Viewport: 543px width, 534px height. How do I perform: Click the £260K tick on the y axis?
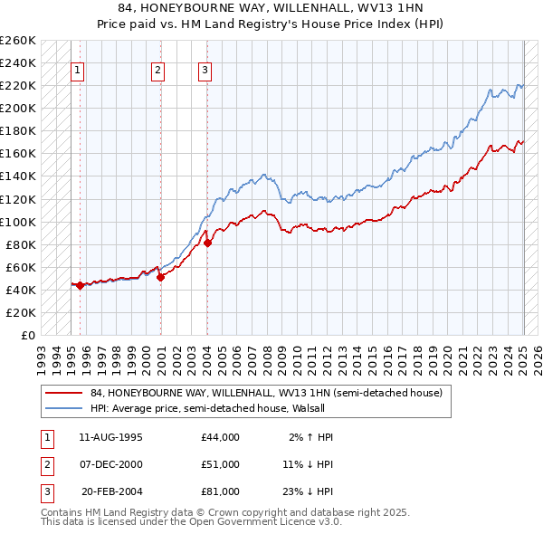coord(18,41)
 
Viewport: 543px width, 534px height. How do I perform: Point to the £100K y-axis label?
coord(18,222)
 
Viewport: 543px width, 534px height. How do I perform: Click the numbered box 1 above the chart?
coord(77,71)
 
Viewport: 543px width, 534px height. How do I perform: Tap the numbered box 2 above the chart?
coord(157,71)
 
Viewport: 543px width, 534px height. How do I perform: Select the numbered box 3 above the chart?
coord(205,71)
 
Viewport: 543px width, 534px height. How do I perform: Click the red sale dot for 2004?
coord(207,243)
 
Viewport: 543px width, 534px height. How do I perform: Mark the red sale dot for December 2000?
coord(160,277)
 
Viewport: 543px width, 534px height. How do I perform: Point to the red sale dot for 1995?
coord(80,285)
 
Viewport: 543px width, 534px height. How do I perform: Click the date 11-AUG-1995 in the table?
coord(110,437)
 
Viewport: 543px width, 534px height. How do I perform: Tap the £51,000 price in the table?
coord(221,464)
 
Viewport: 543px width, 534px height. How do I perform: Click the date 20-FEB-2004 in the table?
coord(110,491)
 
